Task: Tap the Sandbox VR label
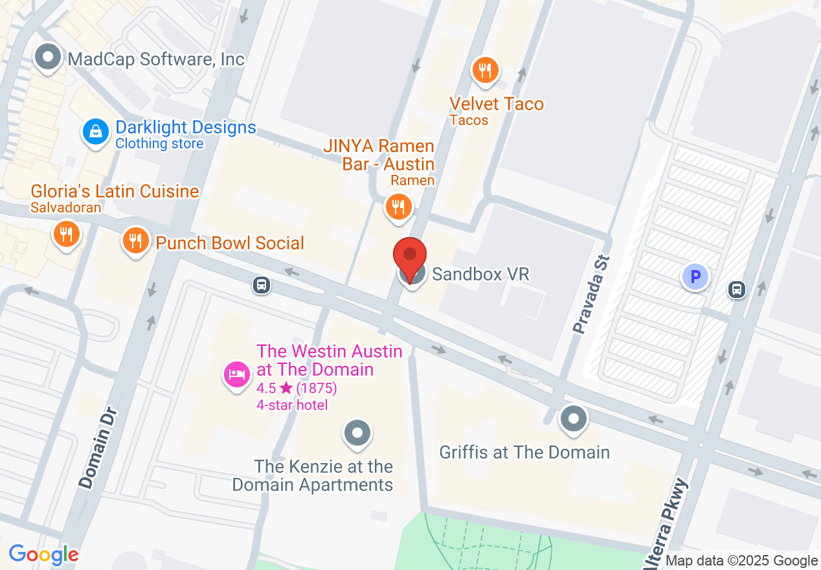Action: point(480,274)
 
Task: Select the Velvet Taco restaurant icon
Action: point(484,69)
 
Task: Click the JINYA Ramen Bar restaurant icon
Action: point(398,207)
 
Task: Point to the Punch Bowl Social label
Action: point(230,243)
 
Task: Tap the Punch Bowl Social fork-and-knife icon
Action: point(135,242)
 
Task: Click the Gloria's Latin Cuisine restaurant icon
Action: point(66,233)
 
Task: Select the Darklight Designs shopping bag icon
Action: point(95,132)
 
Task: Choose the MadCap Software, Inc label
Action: point(156,60)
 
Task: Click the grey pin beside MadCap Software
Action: point(47,58)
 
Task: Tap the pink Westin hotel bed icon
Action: point(236,374)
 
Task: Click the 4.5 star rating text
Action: point(297,388)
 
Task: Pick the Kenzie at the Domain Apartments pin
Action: point(357,433)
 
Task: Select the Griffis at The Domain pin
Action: point(573,418)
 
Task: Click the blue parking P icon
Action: point(695,277)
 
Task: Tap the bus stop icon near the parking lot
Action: point(736,289)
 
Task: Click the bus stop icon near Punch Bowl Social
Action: point(262,285)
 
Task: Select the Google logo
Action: point(44,554)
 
